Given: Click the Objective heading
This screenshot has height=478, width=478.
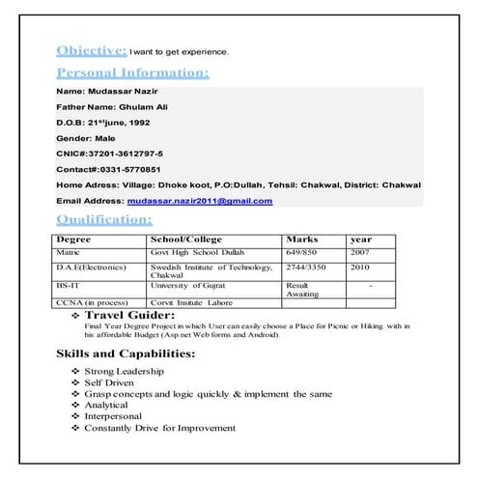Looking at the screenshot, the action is pos(91,50).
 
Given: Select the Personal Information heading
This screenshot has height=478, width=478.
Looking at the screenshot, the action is pos(132,73).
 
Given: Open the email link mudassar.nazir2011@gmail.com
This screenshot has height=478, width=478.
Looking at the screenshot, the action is pos(199,201).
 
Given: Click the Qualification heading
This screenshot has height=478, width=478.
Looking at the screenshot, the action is pos(104,220).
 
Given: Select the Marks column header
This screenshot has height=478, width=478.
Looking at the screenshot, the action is pos(301,239).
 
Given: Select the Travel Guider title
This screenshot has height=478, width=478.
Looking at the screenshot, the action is pos(130,315).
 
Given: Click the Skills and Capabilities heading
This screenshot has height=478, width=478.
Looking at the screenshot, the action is pos(126,354).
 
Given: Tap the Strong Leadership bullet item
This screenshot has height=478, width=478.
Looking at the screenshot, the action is pos(124,371).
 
